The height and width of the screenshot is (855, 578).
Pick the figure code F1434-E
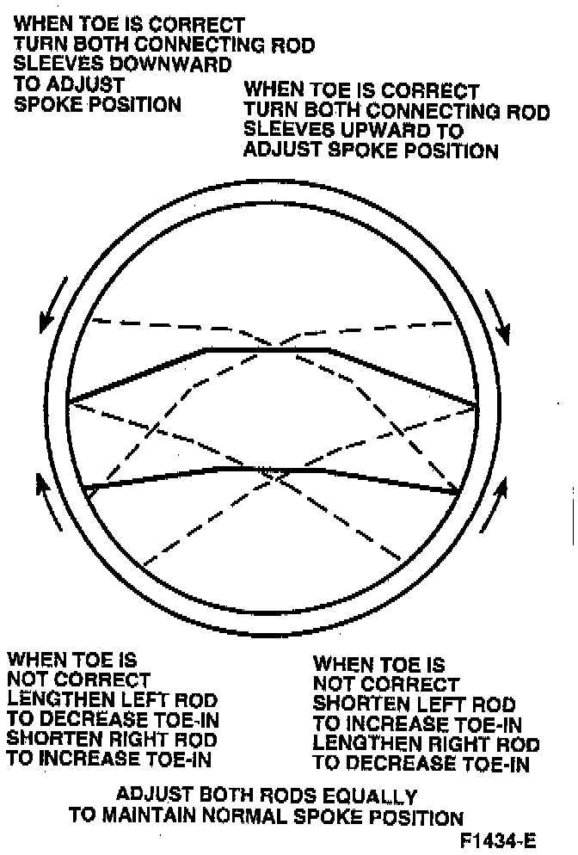click(504, 840)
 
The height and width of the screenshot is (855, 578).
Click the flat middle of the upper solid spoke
click(267, 349)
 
